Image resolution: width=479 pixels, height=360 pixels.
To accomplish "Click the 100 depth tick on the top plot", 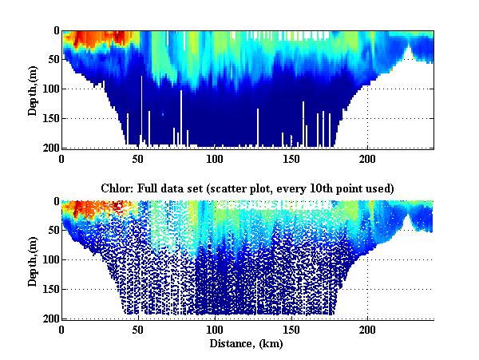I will click(x=50, y=89).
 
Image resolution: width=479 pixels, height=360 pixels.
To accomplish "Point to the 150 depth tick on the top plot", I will click(x=50, y=118).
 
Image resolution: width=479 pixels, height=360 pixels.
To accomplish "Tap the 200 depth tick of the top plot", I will click(x=50, y=148).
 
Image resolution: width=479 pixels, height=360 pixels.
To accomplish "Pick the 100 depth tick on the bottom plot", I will click(x=50, y=259).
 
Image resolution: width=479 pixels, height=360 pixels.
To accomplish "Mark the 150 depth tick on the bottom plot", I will click(x=50, y=289).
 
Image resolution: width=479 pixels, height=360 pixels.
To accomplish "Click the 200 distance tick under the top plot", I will click(x=367, y=159).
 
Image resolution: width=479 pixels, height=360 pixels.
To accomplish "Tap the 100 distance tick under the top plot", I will click(x=215, y=159).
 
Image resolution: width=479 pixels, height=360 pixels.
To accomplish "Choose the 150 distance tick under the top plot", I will click(x=291, y=159).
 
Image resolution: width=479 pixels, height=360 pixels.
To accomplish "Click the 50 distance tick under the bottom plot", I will click(x=138, y=330).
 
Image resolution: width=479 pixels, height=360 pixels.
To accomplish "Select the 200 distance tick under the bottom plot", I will click(x=367, y=330).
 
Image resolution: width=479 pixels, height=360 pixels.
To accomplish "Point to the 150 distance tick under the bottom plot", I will click(x=291, y=330).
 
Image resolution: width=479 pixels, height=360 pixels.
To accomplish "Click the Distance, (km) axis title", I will click(x=248, y=343).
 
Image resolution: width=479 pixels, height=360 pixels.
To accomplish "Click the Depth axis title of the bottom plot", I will click(x=34, y=259).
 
